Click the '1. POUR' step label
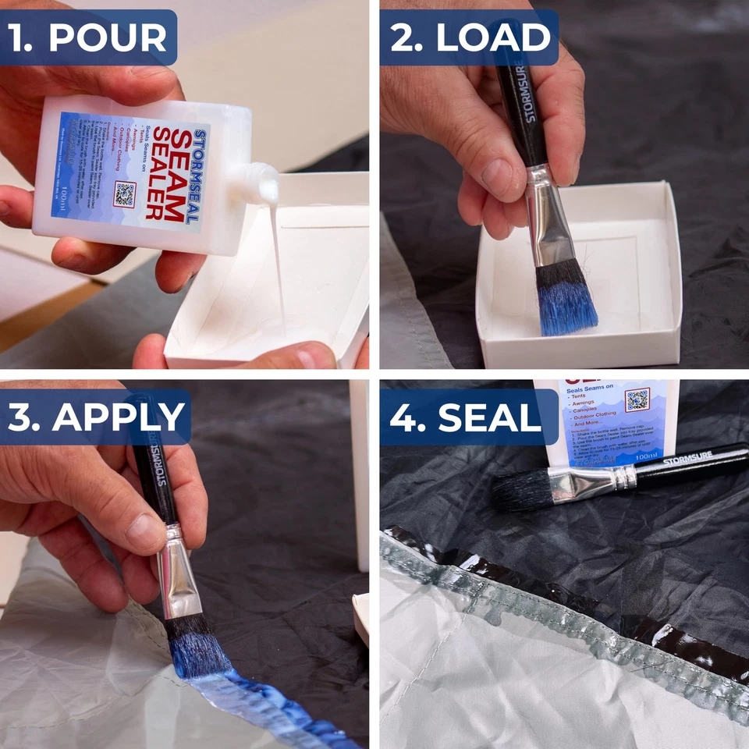tap(87, 37)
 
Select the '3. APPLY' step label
tap(95, 417)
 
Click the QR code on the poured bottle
tap(124, 193)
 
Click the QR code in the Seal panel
tap(637, 399)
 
